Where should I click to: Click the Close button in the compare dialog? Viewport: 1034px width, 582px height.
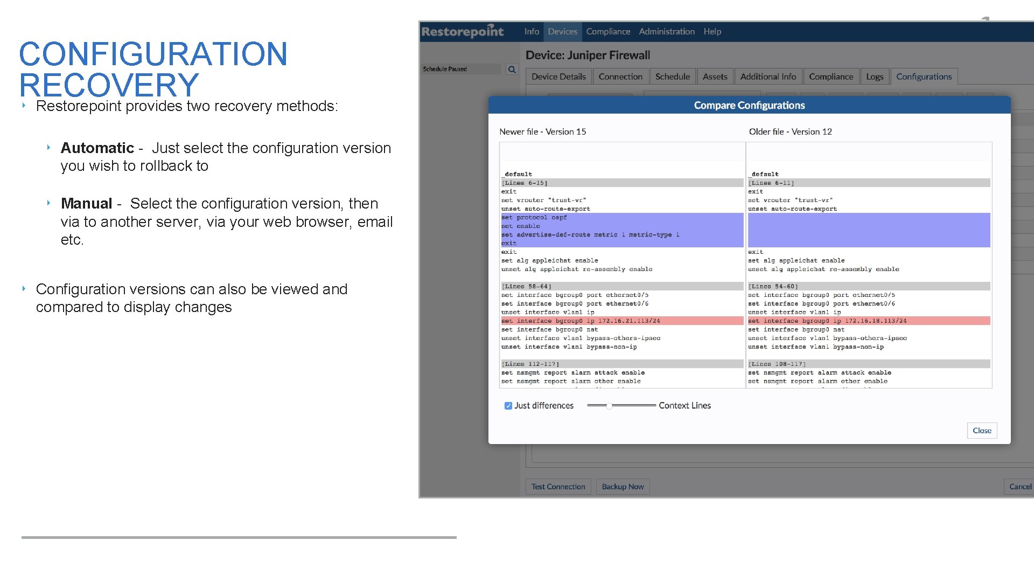click(x=982, y=431)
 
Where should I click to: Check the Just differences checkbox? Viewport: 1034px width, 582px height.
click(x=508, y=406)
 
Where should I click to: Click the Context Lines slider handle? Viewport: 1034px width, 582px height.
click(x=609, y=406)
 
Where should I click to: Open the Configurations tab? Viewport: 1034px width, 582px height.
click(x=924, y=77)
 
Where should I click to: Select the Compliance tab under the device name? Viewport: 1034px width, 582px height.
click(x=830, y=77)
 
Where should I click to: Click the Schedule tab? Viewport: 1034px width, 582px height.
click(x=672, y=77)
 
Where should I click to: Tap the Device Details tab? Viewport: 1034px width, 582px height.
click(x=558, y=77)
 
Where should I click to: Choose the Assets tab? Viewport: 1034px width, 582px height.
click(x=715, y=77)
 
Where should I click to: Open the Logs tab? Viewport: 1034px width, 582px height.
click(x=874, y=77)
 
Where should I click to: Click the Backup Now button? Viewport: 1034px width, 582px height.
click(x=623, y=487)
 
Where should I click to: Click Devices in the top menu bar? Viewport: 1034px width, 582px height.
click(x=562, y=32)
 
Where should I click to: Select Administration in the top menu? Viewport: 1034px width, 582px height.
click(x=667, y=32)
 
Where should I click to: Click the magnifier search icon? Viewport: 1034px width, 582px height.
click(x=512, y=69)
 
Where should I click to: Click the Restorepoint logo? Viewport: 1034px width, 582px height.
click(x=463, y=32)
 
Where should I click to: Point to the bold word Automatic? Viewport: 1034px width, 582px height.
click(x=97, y=148)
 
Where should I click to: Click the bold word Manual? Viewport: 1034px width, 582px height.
click(x=86, y=204)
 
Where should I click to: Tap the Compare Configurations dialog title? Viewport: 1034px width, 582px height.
click(x=749, y=106)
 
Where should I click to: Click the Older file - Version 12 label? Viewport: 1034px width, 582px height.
click(x=790, y=132)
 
